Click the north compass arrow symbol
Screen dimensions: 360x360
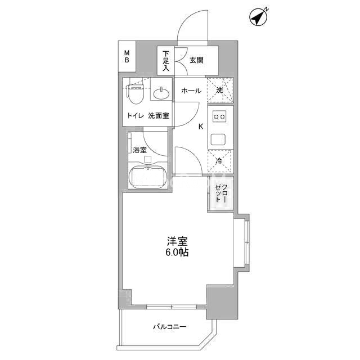coord(258,17)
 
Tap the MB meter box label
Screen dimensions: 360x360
coord(127,56)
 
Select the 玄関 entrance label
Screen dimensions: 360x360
coord(196,60)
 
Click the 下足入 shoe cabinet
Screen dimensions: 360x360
coord(166,60)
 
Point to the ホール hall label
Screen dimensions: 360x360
coord(191,91)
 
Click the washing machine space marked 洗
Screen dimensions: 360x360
coord(220,90)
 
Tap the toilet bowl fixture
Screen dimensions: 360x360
coord(136,94)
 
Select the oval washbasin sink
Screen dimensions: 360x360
coord(161,93)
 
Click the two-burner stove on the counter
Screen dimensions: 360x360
coord(220,116)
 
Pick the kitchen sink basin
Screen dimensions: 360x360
coord(218,139)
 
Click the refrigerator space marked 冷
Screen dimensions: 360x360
coord(220,161)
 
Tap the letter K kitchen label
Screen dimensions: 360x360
coord(201,127)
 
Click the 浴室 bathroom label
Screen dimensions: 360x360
coord(139,150)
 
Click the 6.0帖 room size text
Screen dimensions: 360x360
coord(177,253)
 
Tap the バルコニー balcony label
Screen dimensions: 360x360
coord(170,326)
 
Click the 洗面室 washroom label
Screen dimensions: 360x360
coord(159,116)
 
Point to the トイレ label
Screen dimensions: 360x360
coord(136,116)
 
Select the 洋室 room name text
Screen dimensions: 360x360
coord(177,241)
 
